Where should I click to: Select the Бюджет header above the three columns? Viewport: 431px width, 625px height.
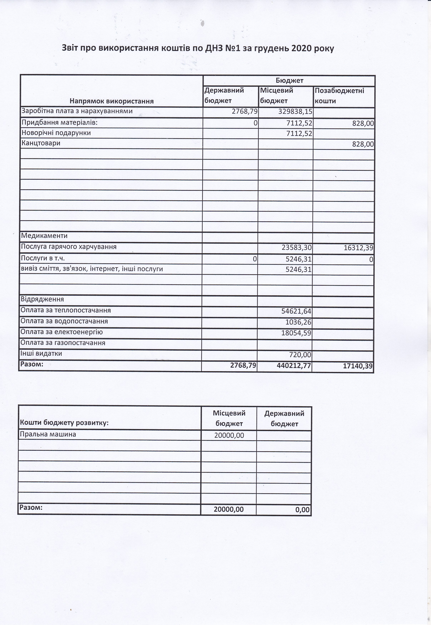[289, 80]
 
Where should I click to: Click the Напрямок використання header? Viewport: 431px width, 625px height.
[112, 101]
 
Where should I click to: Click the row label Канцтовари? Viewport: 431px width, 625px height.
[41, 143]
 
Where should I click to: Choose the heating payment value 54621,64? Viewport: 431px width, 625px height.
[296, 312]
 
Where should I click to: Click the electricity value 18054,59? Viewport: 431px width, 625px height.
[296, 333]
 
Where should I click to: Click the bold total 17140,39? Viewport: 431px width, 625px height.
[358, 366]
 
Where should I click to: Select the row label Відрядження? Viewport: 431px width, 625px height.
[42, 299]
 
